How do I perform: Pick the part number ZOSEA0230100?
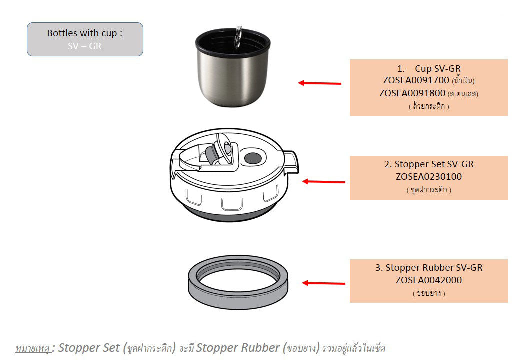(x=428, y=177)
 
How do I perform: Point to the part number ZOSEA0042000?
(x=428, y=280)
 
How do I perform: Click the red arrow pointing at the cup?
(x=320, y=83)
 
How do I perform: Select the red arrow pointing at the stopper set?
(x=323, y=182)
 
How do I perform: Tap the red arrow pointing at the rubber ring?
(x=323, y=283)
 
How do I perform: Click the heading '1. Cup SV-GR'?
(x=428, y=68)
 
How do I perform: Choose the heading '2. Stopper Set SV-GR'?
(x=428, y=164)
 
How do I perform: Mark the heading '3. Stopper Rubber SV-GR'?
(x=428, y=268)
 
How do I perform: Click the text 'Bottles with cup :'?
(x=85, y=33)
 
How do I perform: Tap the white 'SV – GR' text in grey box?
(x=85, y=46)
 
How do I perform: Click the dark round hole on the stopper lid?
(x=252, y=159)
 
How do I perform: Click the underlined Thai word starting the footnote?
(x=33, y=348)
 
